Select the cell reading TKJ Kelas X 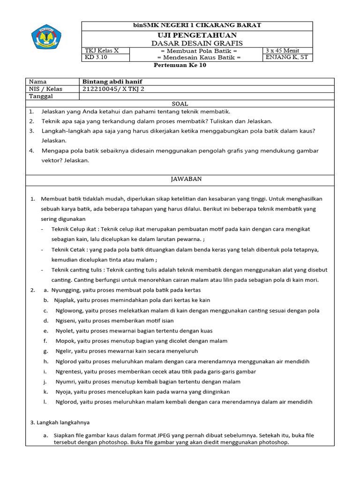102,51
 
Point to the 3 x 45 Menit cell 282,51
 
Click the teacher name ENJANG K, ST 287,58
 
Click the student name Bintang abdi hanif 112,82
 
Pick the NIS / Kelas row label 45,89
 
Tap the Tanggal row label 41,96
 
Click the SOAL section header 180,104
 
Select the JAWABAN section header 180,179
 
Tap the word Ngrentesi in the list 69,371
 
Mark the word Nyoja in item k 64,392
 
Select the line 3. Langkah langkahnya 60,422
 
